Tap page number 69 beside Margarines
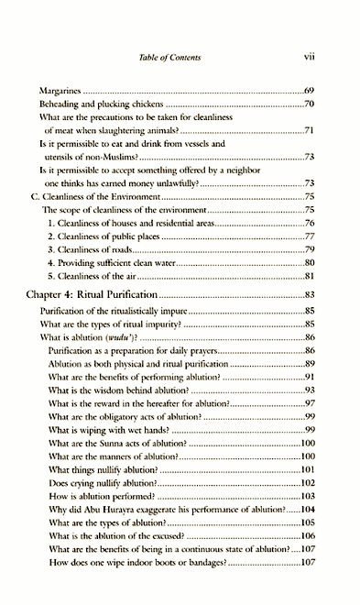coord(310,93)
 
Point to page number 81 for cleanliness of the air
coord(310,276)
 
